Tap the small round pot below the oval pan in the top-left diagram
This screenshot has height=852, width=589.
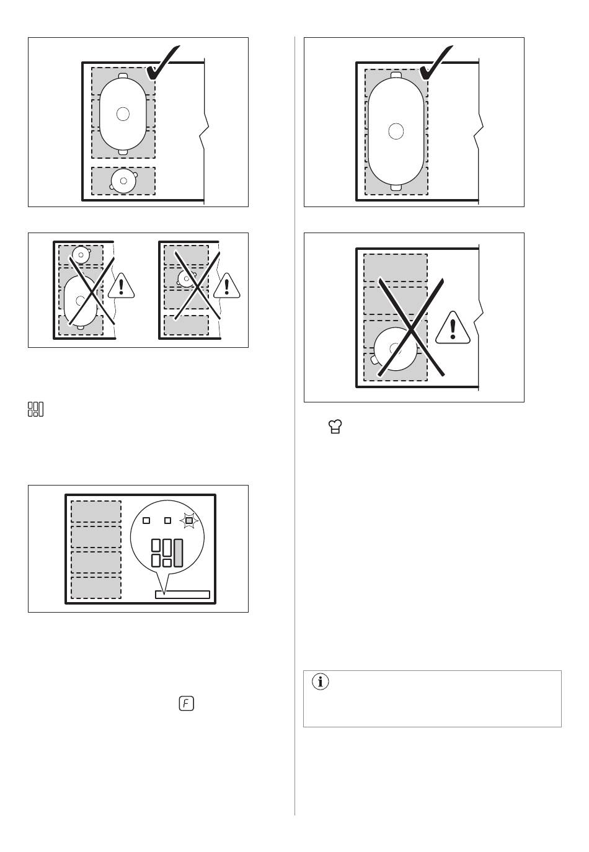(x=123, y=180)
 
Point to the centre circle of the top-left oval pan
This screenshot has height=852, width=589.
(x=123, y=113)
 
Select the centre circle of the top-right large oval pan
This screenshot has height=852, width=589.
(x=396, y=131)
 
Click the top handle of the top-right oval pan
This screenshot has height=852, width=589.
(x=396, y=74)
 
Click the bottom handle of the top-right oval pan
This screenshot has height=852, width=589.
(x=396, y=187)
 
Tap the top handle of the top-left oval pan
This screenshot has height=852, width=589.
(x=123, y=76)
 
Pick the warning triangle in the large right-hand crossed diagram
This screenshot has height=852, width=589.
(x=453, y=328)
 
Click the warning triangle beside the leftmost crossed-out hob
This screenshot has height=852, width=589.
(x=122, y=286)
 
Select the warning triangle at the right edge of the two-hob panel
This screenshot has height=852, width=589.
(x=227, y=286)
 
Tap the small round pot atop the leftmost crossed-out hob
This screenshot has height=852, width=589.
(x=81, y=255)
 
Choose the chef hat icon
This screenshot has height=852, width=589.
(x=335, y=427)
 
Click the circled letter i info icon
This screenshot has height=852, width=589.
(x=320, y=681)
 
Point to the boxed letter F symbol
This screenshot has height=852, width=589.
(x=187, y=703)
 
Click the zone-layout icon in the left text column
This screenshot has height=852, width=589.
(x=36, y=409)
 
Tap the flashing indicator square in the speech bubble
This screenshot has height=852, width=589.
(x=189, y=520)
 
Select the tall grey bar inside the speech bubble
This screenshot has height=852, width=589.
(x=179, y=552)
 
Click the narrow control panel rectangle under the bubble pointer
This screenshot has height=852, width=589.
(x=182, y=595)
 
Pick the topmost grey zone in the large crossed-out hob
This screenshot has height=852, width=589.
(x=396, y=268)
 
